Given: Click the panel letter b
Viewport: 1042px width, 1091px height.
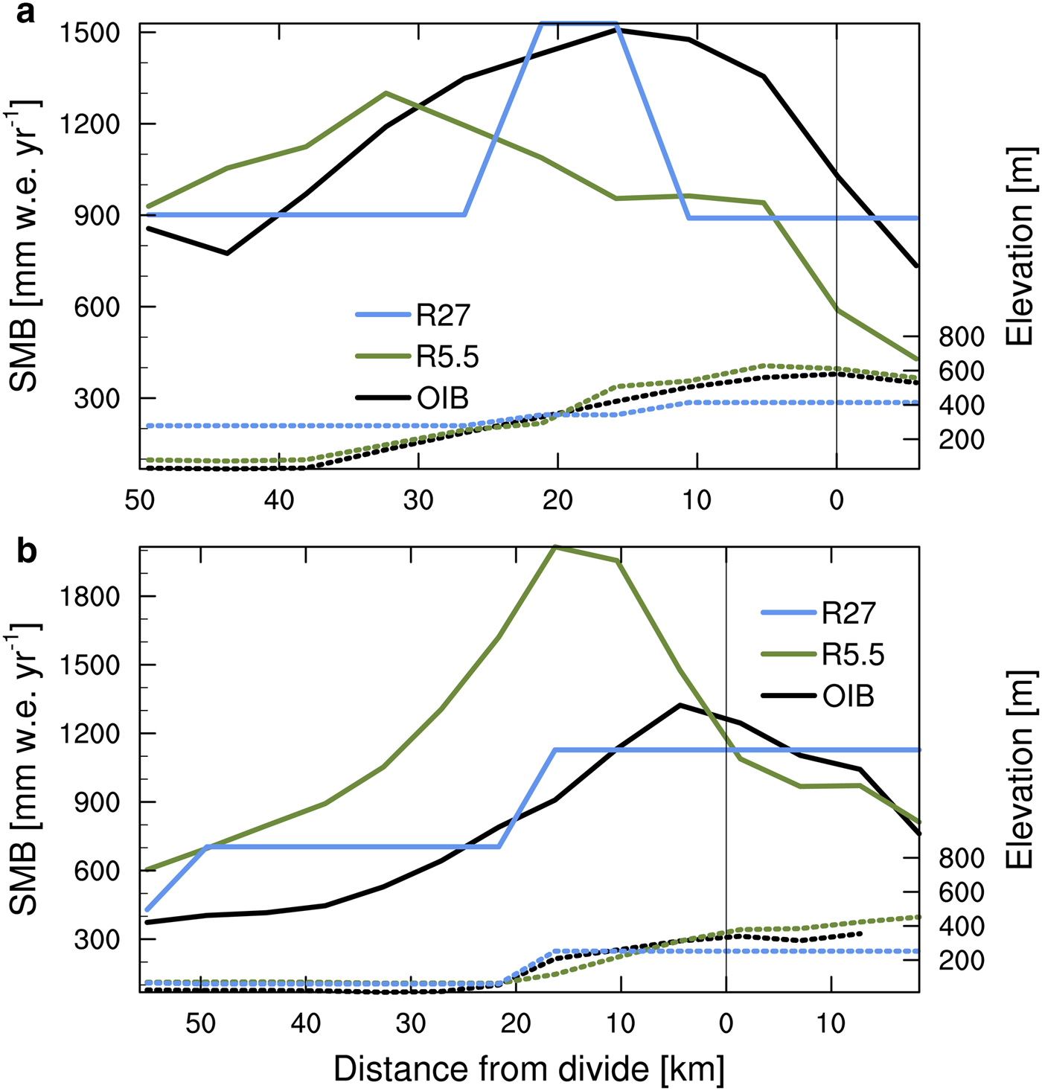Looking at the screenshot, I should (27, 553).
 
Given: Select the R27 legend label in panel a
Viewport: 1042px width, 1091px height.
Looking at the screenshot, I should (443, 316).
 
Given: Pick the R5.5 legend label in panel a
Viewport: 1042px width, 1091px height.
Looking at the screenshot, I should (447, 357).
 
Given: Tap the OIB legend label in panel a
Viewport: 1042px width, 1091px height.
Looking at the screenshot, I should (443, 399).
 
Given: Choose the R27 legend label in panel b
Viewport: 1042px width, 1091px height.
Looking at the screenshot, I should (848, 613).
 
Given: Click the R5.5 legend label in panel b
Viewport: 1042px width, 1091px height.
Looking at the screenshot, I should (853, 655).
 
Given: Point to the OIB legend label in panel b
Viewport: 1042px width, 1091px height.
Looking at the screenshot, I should (848, 697).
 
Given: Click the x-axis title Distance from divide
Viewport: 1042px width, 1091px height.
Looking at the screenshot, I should (528, 1069).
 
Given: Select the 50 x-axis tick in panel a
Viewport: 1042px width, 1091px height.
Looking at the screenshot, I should (140, 500).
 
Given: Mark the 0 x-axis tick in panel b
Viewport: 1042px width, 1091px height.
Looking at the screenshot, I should (726, 1024).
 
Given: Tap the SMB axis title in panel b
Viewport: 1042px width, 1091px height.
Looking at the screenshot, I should (27, 774).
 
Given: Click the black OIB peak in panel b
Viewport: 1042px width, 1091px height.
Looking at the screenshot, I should (680, 704).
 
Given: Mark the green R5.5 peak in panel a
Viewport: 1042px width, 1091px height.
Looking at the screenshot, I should (386, 93).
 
